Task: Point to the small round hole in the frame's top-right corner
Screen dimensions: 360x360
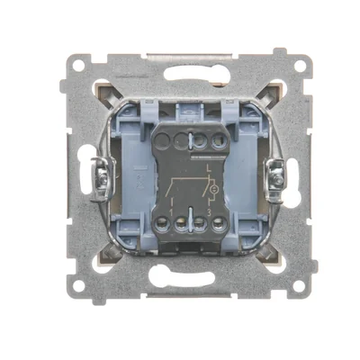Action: coord(281,66)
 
